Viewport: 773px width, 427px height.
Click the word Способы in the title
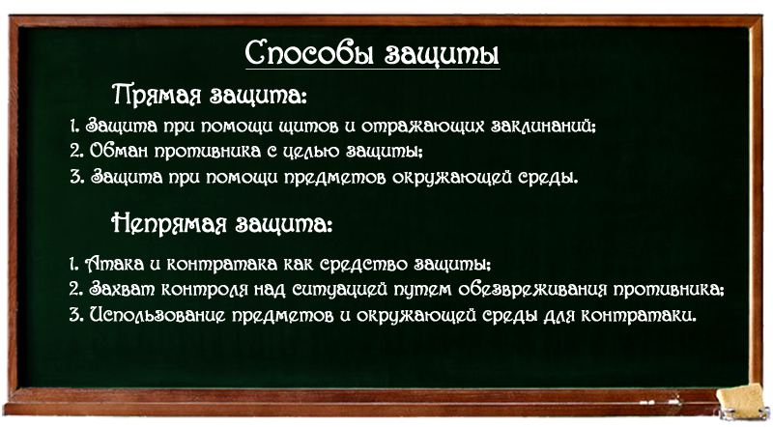pyautogui.click(x=311, y=53)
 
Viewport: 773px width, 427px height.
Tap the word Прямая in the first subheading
pyautogui.click(x=157, y=95)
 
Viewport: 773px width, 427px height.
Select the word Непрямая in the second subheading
pyautogui.click(x=169, y=224)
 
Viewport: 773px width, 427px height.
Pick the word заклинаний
pyautogui.click(x=543, y=127)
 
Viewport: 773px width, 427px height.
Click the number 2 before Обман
pyautogui.click(x=76, y=151)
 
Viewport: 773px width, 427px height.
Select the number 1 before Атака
pyautogui.click(x=74, y=265)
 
